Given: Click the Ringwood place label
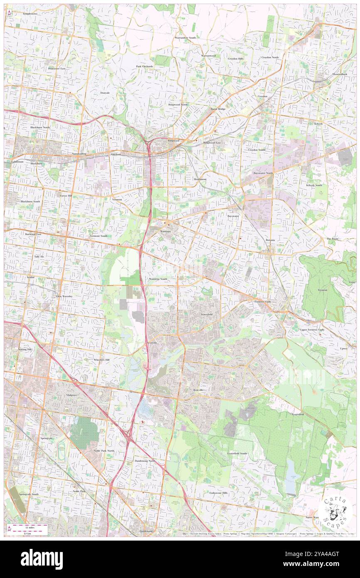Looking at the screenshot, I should [173, 141].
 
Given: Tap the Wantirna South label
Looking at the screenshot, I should [158, 279].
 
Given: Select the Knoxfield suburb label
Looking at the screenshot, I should [207, 314].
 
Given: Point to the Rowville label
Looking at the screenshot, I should [197, 390].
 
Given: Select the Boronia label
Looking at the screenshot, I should [271, 241].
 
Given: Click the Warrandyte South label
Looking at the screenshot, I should [185, 37].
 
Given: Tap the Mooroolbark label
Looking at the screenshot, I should [339, 74].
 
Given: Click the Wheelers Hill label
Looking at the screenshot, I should [102, 359].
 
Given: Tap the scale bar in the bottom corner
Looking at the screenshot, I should [27, 529].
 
